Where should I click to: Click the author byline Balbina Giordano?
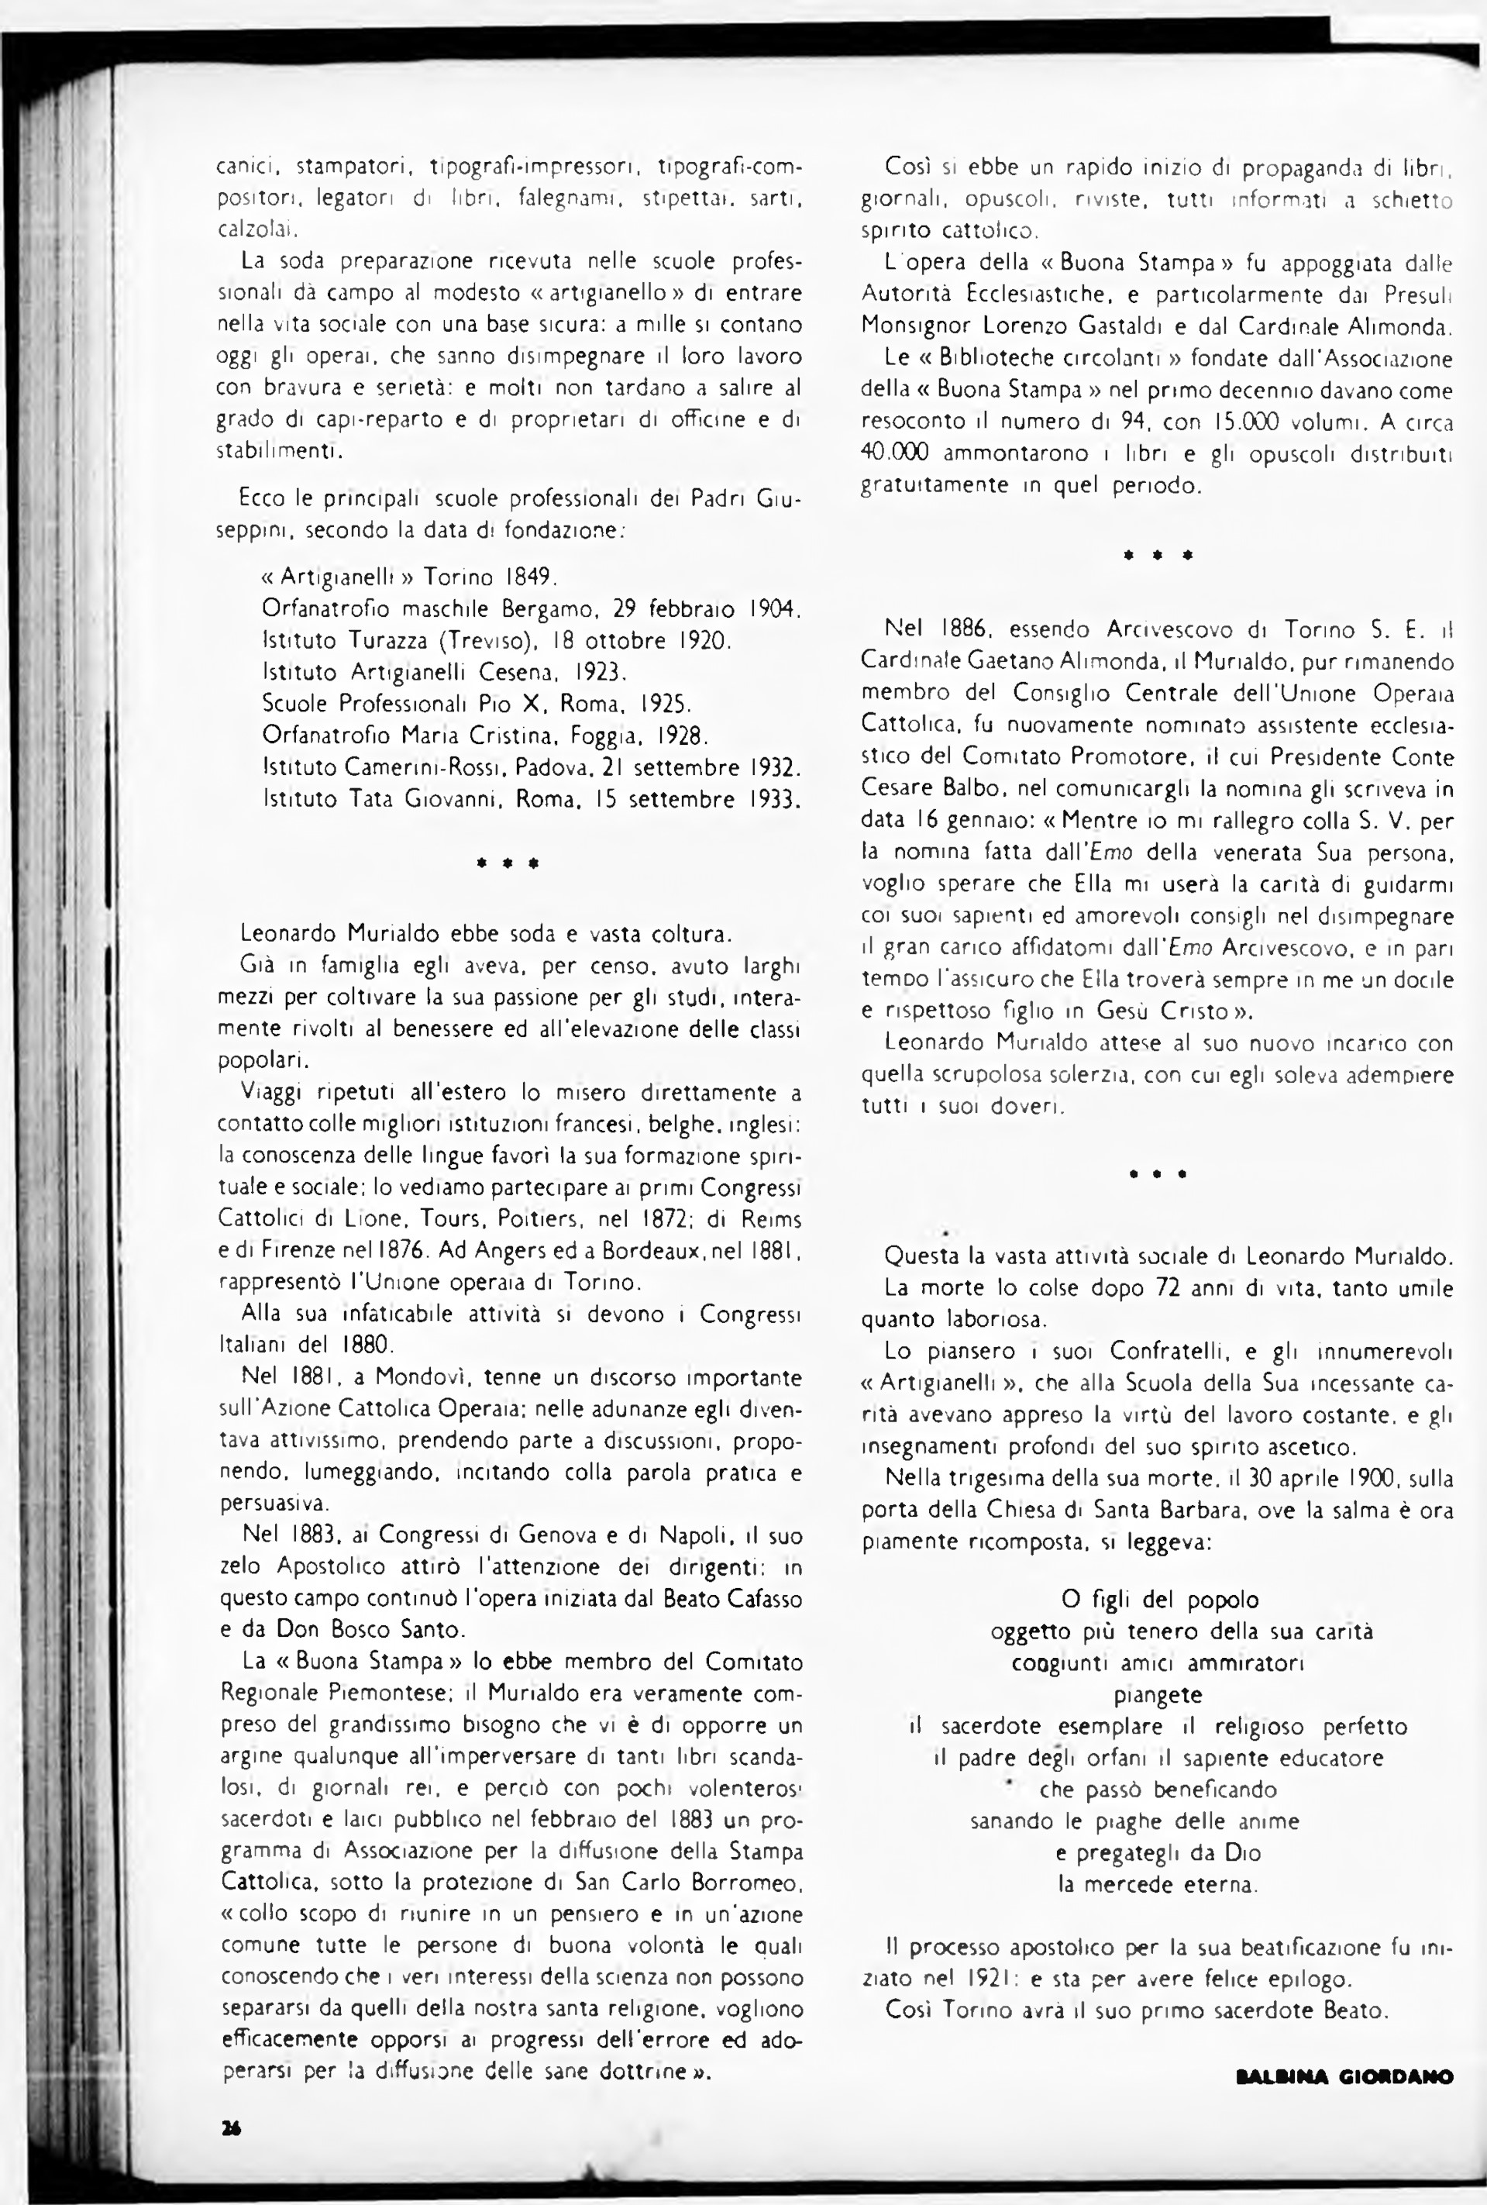click(1344, 2103)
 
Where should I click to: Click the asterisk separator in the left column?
click(508, 864)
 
